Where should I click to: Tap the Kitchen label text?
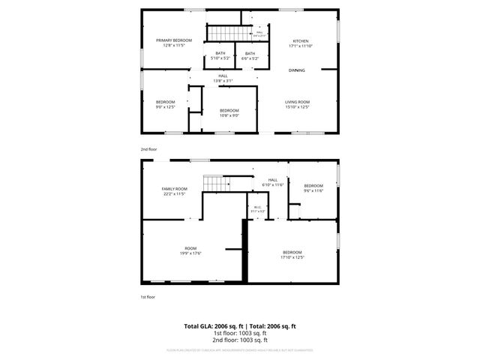click(x=300, y=41)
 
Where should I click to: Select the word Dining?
click(x=297, y=70)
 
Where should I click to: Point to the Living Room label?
click(x=297, y=102)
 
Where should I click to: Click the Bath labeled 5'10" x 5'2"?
click(x=220, y=53)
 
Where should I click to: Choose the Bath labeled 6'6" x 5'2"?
click(x=250, y=53)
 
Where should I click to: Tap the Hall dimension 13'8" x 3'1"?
click(x=223, y=81)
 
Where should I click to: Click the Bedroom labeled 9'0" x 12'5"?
click(x=165, y=104)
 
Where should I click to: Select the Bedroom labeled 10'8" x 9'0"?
click(x=229, y=112)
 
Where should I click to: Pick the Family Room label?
click(x=174, y=191)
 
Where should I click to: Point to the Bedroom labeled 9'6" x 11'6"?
click(x=313, y=188)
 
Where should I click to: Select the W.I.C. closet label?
click(x=258, y=210)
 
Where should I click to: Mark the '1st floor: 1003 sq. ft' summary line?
click(x=240, y=334)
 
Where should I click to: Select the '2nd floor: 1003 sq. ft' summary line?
click(x=240, y=340)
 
